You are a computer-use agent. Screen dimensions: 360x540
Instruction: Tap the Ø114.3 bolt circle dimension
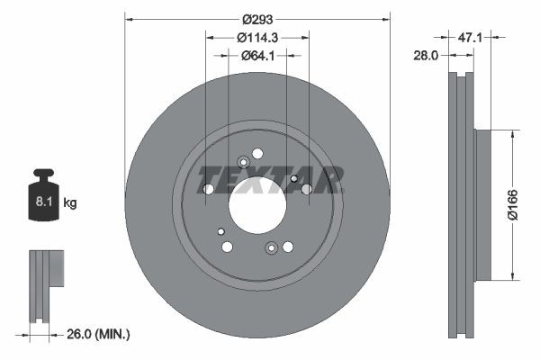coord(257,37)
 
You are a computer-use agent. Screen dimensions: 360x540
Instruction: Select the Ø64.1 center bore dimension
coord(257,55)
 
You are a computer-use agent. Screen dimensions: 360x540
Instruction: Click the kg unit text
coord(70,204)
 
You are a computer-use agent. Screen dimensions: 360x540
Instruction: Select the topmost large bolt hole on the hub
coord(257,153)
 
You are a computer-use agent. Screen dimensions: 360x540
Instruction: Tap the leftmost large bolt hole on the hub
coord(209,189)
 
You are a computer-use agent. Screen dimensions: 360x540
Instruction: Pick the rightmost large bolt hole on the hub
coord(306,189)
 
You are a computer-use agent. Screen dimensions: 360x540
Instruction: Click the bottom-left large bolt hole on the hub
coord(227,247)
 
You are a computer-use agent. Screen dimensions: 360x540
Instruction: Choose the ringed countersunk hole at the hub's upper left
coord(242,163)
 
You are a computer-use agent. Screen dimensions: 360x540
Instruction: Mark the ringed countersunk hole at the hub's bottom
coord(271,247)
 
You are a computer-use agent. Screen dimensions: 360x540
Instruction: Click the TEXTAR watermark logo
coord(270,180)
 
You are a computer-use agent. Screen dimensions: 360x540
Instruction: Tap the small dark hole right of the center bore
coord(293,179)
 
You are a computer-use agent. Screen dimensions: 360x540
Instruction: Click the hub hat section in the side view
coord(482,204)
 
